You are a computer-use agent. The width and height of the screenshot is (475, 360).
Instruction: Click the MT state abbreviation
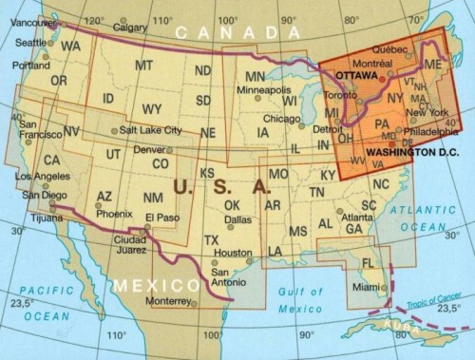coord(143,66)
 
